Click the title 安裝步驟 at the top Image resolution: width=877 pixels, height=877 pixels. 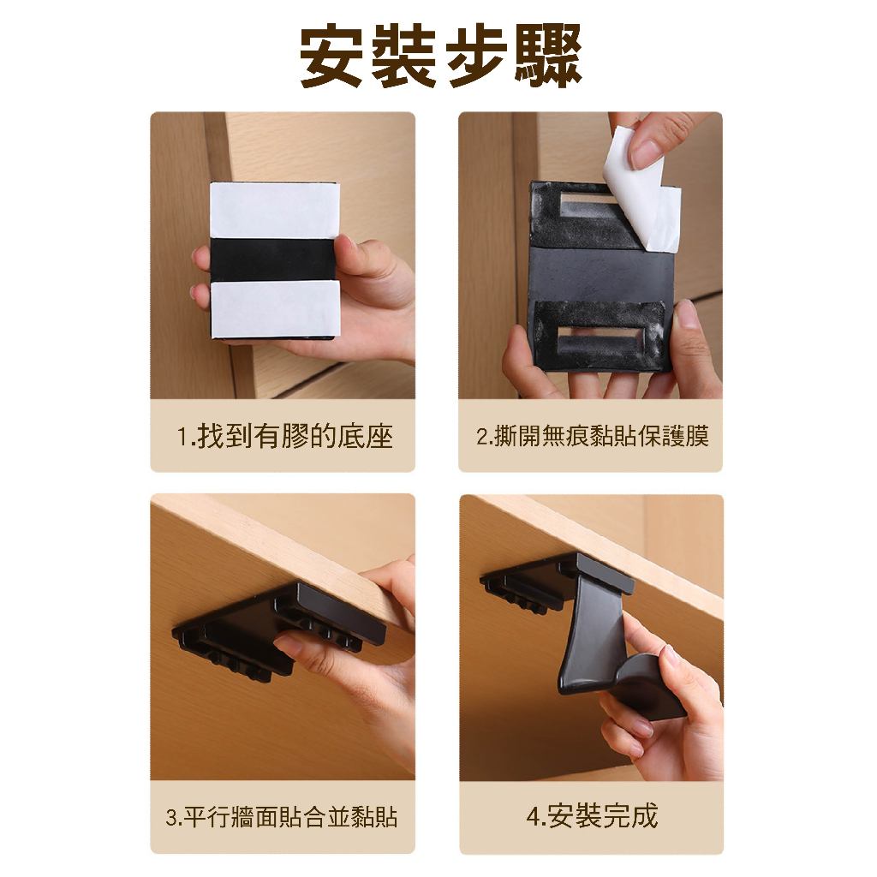click(441, 57)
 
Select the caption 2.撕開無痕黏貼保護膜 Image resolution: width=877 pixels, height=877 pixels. click(592, 436)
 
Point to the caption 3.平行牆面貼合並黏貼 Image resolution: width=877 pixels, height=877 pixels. click(282, 817)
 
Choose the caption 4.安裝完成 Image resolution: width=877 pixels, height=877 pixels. click(592, 816)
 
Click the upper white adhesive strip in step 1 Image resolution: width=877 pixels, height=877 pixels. click(275, 212)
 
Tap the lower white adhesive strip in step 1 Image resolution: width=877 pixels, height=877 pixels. click(275, 308)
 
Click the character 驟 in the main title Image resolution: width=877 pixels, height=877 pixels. click(549, 57)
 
